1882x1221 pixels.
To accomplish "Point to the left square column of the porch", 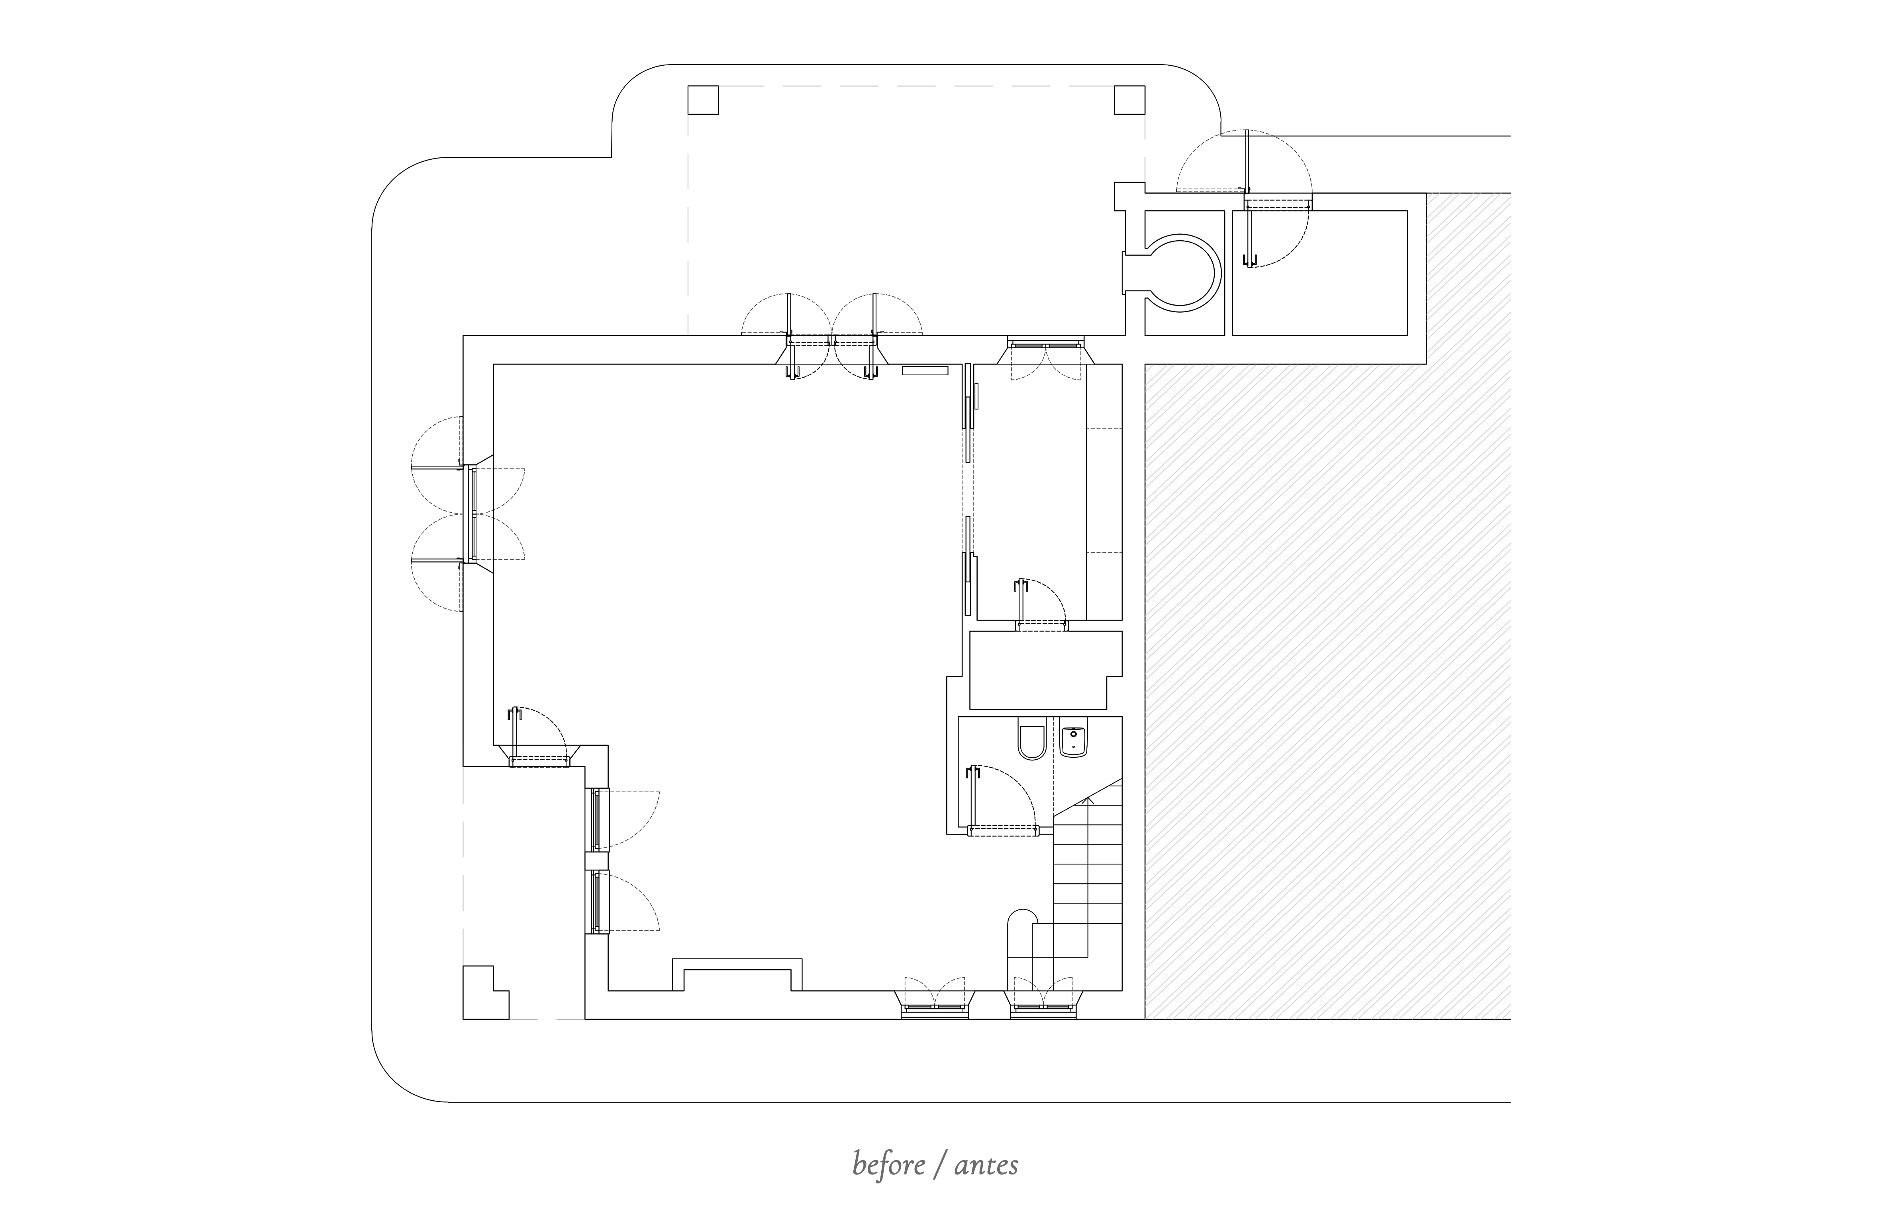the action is click(703, 100).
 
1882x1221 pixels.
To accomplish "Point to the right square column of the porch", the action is click(1129, 100).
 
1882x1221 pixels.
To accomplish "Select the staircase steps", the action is click(1088, 870).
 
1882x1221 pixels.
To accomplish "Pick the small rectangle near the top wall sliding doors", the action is click(924, 370).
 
